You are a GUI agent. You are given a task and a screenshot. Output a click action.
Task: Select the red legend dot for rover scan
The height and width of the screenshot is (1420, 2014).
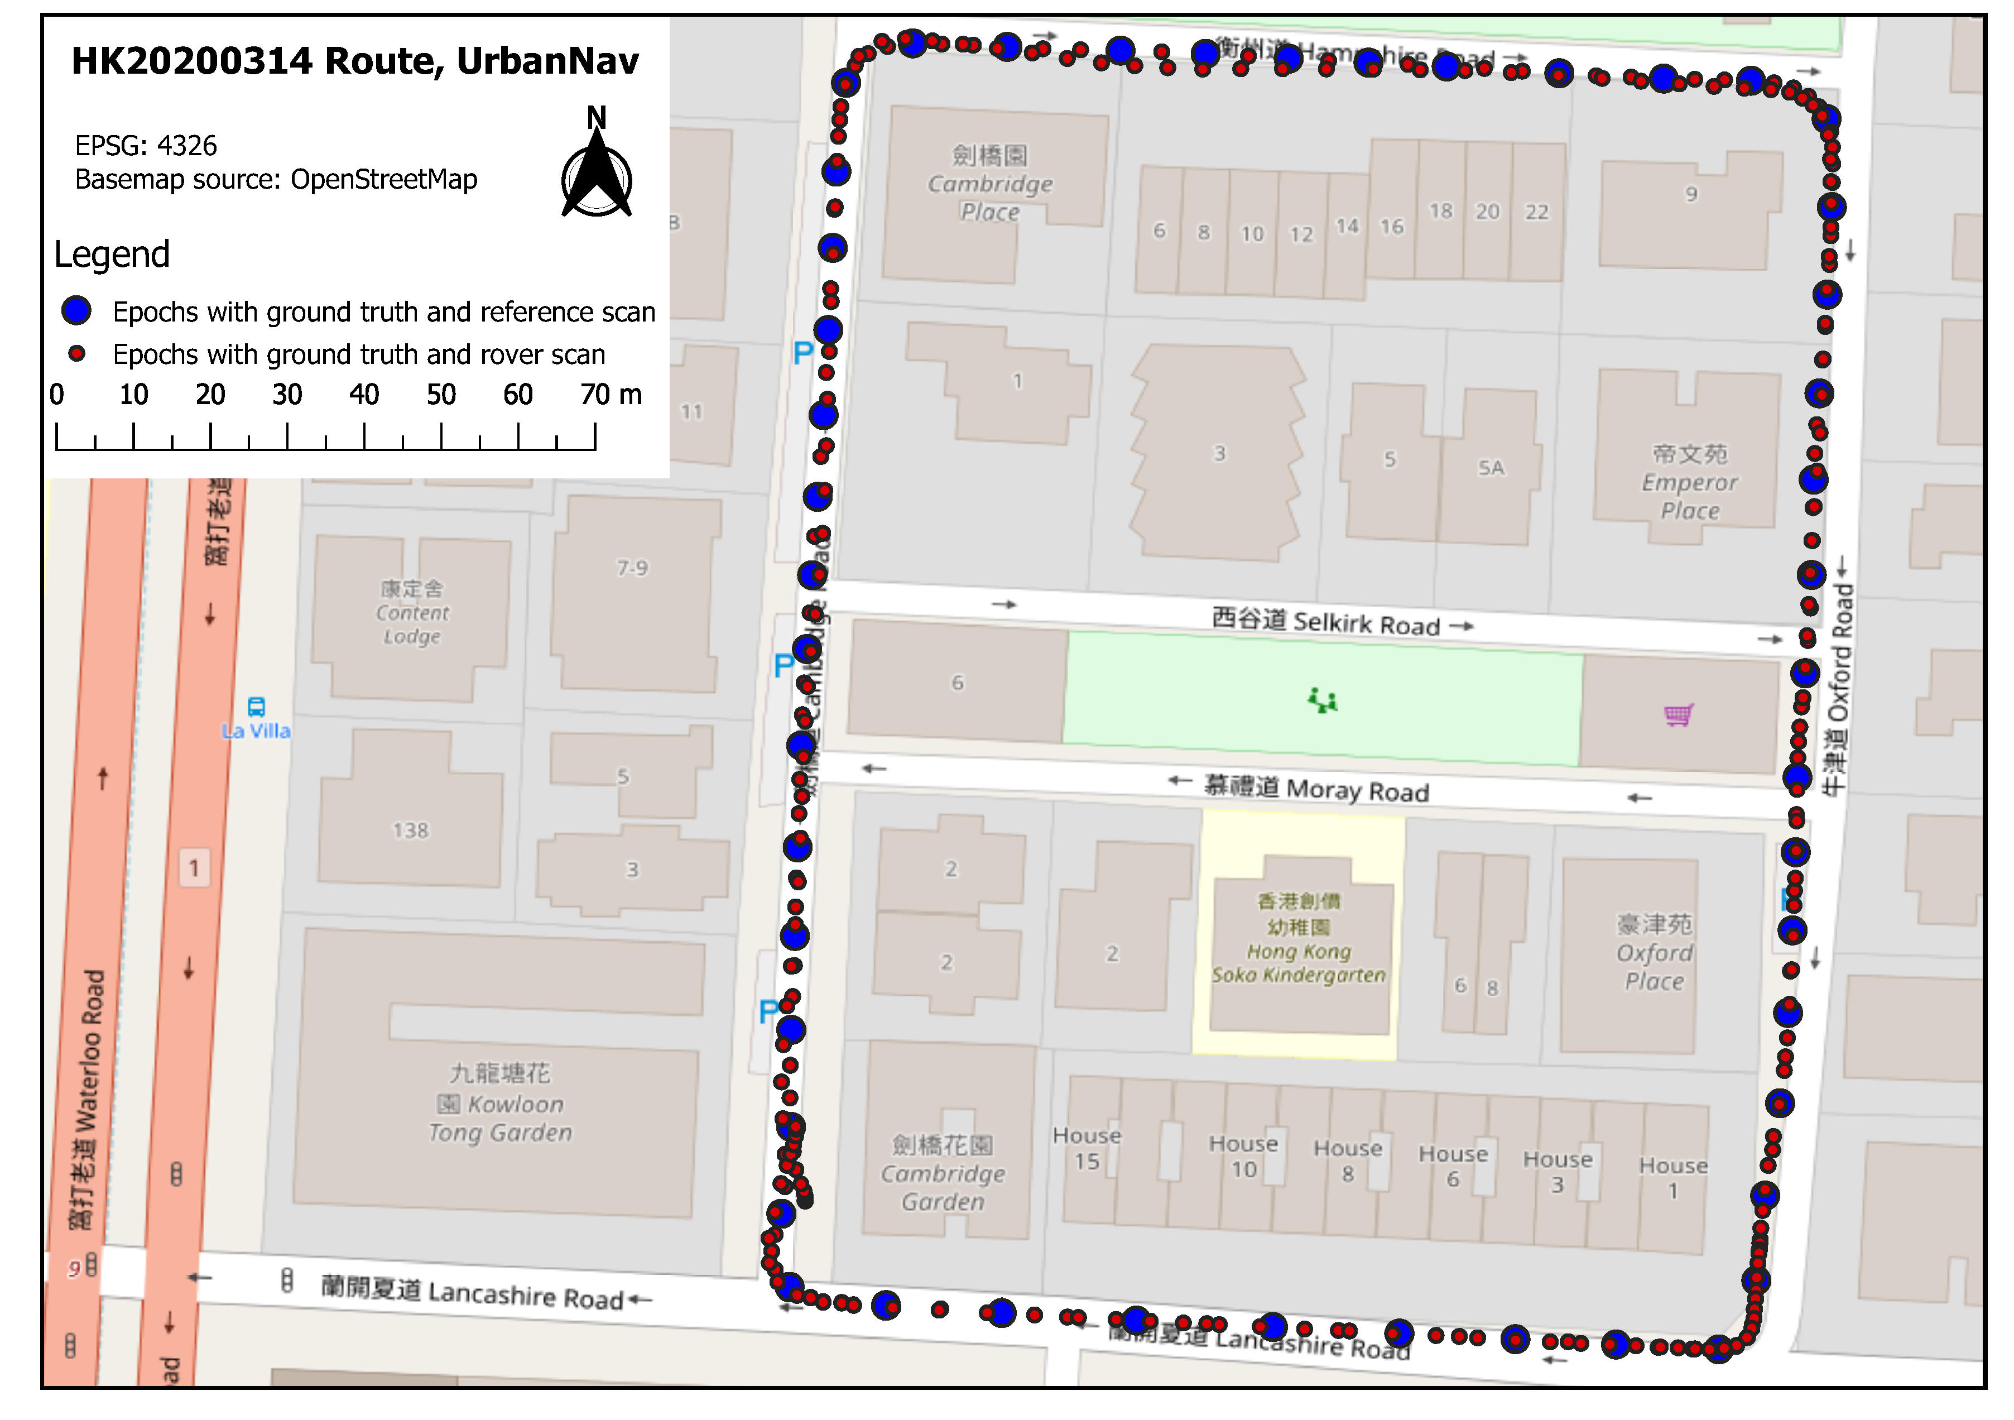click(x=77, y=353)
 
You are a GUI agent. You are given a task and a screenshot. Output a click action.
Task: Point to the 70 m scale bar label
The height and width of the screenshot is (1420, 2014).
click(x=611, y=395)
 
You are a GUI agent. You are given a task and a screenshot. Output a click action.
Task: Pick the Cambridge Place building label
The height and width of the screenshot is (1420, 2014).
click(x=991, y=184)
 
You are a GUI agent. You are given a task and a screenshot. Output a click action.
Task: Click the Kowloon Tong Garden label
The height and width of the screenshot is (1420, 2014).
click(x=500, y=1103)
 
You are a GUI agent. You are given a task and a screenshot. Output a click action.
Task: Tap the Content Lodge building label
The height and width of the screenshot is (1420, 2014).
click(x=412, y=612)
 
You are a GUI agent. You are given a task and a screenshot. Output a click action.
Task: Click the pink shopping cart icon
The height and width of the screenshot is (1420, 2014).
click(x=1678, y=715)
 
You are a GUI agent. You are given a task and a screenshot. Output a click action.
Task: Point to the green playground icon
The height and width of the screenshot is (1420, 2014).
click(x=1323, y=701)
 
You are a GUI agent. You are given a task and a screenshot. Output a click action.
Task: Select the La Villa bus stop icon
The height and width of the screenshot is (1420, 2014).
click(x=256, y=707)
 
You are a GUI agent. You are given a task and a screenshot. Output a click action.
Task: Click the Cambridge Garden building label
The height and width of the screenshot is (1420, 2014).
click(x=943, y=1173)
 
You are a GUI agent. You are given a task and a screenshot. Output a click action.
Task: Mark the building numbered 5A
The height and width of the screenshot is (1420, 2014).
click(x=1491, y=468)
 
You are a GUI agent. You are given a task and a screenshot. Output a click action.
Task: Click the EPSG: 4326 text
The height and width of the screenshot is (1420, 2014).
click(x=146, y=145)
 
